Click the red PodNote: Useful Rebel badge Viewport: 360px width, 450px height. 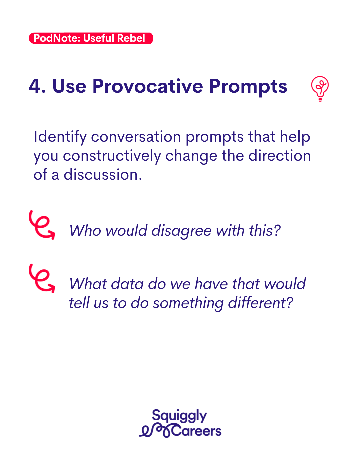point(91,38)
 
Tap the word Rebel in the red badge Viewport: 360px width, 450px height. point(131,38)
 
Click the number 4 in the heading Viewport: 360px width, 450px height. point(35,86)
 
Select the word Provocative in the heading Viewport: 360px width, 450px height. point(148,86)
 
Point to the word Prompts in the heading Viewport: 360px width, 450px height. point(248,87)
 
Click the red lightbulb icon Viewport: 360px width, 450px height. point(320,88)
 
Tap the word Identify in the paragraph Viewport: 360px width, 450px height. point(60,137)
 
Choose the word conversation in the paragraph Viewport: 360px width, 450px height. point(136,137)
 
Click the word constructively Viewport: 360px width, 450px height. point(112,156)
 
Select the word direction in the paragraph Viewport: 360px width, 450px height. point(279,156)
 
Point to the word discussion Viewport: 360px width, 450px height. point(103,174)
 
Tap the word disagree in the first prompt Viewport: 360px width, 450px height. point(181,231)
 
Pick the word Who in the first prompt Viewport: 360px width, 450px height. point(85,230)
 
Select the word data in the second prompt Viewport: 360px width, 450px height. point(127,284)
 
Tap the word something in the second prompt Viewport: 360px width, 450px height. point(188,303)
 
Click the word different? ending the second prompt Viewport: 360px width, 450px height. point(260,302)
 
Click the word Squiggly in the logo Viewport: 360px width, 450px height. point(179,415)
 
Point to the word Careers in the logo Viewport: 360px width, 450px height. point(196,431)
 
